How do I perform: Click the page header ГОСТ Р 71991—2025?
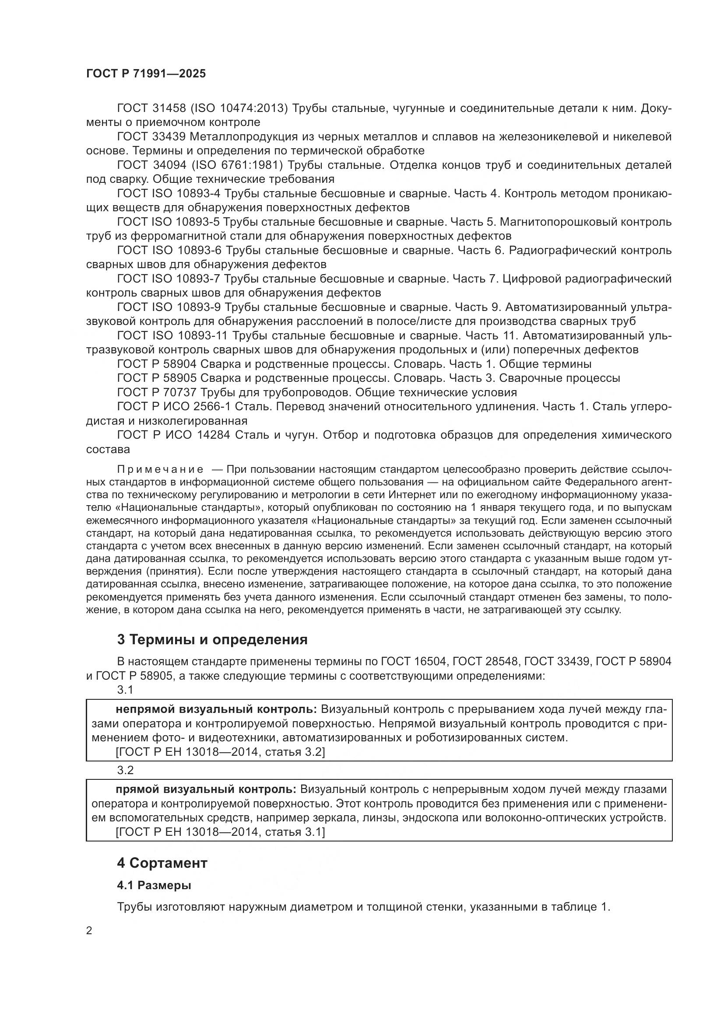(146, 74)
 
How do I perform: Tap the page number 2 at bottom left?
(89, 931)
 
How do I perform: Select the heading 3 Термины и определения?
(212, 640)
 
